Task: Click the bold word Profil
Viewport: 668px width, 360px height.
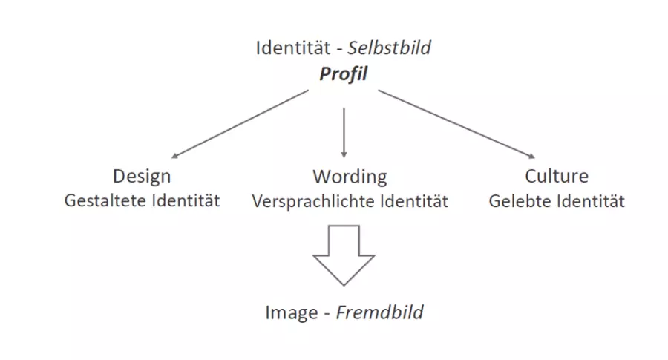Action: coord(343,74)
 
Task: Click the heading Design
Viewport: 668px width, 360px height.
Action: coord(142,177)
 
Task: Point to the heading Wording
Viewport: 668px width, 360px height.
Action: coord(350,177)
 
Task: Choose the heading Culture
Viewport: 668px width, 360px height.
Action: coord(556,177)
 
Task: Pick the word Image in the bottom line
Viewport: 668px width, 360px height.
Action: coord(292,312)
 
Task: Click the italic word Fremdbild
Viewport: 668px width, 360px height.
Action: coord(380,312)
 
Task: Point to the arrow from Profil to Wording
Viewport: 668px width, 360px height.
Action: coord(343,131)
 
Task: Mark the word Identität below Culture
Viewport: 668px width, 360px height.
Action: coord(592,201)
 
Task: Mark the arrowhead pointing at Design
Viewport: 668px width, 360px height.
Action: coord(176,156)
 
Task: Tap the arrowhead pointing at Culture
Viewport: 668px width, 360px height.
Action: coord(531,155)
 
